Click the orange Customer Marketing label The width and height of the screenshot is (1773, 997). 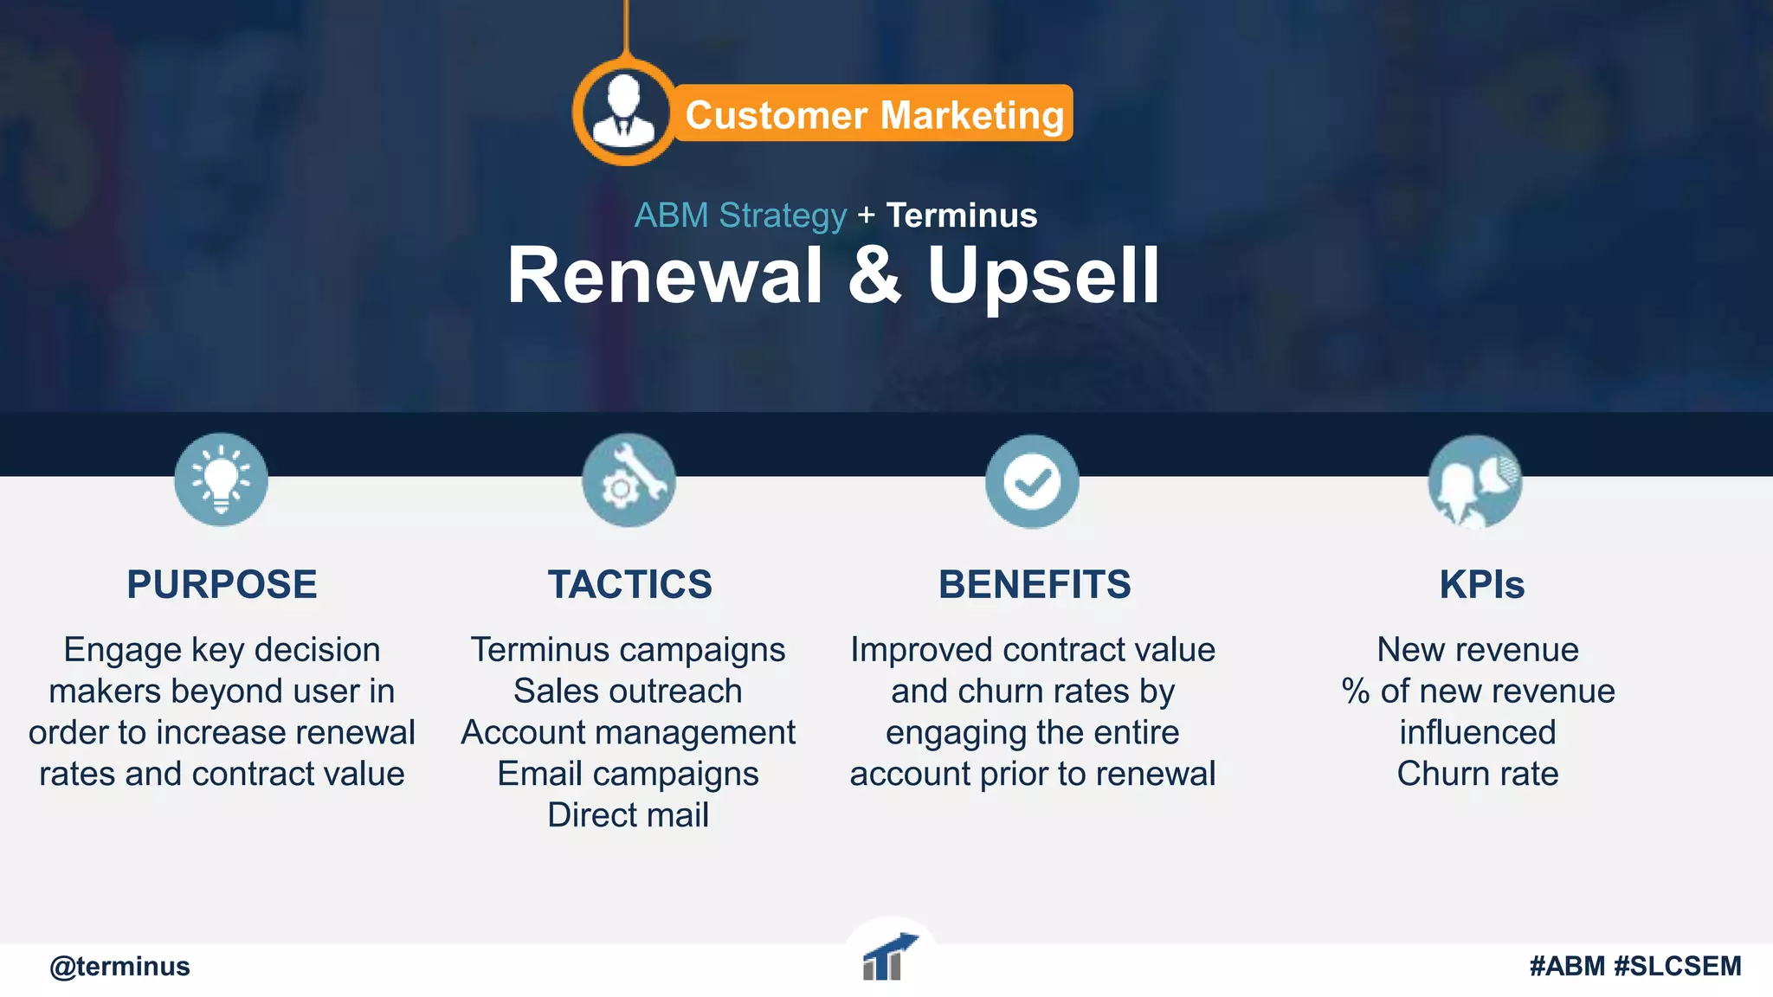pos(874,114)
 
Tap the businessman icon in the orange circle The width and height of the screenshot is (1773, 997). pos(623,112)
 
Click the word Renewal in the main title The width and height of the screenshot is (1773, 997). pos(665,276)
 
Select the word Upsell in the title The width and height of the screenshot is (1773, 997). pos(1043,278)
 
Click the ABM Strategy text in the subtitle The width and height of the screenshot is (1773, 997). pos(740,215)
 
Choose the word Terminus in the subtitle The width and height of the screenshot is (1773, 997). pos(961,215)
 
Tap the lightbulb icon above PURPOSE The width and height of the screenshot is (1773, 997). pos(221,479)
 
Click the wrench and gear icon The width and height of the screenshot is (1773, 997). pos(629,480)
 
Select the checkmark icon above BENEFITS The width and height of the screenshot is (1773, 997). pos(1032,481)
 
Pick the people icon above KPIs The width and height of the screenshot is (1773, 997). pos(1474,482)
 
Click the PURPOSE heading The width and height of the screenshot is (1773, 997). pos(222,584)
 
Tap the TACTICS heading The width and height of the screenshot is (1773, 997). pos(629,584)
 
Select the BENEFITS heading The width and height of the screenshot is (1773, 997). pos(1035,584)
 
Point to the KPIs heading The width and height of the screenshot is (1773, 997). pos(1481,584)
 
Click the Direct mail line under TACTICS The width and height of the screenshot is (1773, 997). pos(628,815)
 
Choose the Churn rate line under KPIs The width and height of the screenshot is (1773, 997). pos(1477,774)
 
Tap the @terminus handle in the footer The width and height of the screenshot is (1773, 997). pos(119,966)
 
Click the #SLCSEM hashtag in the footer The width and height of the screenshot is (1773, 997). pos(1678,966)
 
